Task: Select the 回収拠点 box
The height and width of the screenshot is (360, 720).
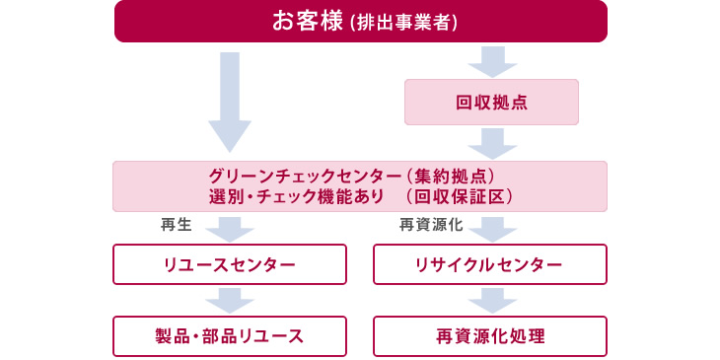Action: point(491,102)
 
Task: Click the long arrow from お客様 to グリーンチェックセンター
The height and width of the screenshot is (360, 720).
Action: point(230,99)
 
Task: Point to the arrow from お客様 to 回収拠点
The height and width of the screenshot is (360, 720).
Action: point(491,60)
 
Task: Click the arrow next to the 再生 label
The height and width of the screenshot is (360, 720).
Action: point(230,229)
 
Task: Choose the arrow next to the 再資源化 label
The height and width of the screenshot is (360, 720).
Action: point(491,229)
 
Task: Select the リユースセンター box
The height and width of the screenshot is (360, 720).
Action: point(230,264)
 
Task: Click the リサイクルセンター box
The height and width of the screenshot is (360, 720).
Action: point(490,264)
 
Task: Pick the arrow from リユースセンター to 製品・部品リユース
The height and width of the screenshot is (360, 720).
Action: point(230,300)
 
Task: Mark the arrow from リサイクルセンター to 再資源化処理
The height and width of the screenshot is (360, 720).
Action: point(491,300)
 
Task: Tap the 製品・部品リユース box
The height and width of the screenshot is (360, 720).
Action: point(230,335)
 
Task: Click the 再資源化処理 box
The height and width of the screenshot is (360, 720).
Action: point(490,335)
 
